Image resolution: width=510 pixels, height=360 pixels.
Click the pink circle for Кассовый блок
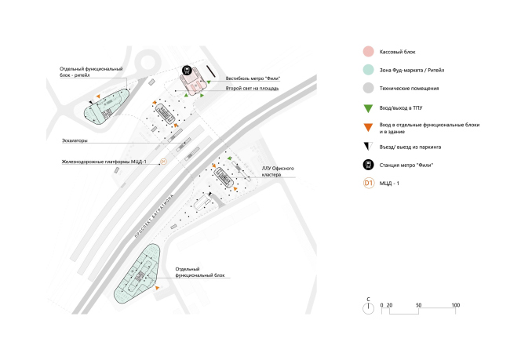point(367,52)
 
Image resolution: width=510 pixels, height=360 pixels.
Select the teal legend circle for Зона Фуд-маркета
point(367,71)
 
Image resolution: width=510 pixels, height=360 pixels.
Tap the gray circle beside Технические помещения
point(367,89)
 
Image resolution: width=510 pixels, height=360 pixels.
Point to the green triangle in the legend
point(367,107)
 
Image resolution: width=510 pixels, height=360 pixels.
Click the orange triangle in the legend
point(367,126)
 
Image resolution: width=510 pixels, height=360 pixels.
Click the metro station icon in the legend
point(367,165)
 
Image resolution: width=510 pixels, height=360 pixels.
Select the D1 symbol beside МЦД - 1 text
point(367,184)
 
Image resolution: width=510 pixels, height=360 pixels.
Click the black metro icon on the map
point(187,71)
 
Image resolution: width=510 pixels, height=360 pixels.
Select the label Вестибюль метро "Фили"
point(253,78)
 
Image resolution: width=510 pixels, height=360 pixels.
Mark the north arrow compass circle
point(367,308)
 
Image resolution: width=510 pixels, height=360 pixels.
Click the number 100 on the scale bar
point(455,304)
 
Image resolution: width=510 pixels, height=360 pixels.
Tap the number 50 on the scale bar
point(419,304)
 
